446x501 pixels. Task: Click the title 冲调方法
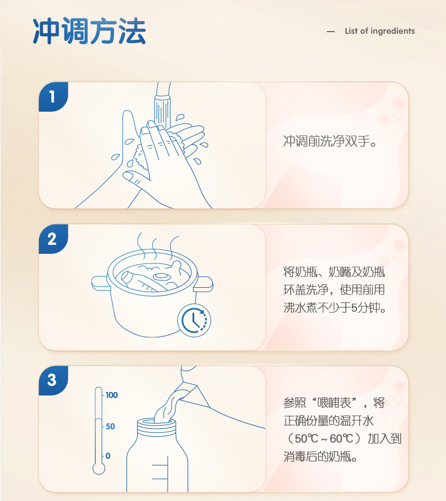coord(89,31)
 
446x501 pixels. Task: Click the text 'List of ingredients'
coord(380,31)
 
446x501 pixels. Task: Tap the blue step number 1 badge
coord(53,97)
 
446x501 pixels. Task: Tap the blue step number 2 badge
coord(53,239)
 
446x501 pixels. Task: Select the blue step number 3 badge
coord(53,380)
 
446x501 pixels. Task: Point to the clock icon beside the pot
coord(194,320)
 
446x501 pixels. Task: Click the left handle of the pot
coord(100,283)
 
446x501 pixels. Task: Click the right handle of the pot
coord(204,284)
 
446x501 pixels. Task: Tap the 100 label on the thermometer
coord(112,395)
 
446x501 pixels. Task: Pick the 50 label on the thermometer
coord(110,426)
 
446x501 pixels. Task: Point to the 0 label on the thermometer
coord(108,456)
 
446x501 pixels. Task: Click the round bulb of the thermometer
coord(99,468)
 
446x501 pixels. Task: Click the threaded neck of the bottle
coord(156,427)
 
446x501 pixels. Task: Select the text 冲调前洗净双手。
coord(330,141)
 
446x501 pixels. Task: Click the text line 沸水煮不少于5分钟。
coord(335,307)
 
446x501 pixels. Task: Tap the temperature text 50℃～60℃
coord(324,438)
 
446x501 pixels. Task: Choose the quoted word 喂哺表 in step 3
coord(334,403)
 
